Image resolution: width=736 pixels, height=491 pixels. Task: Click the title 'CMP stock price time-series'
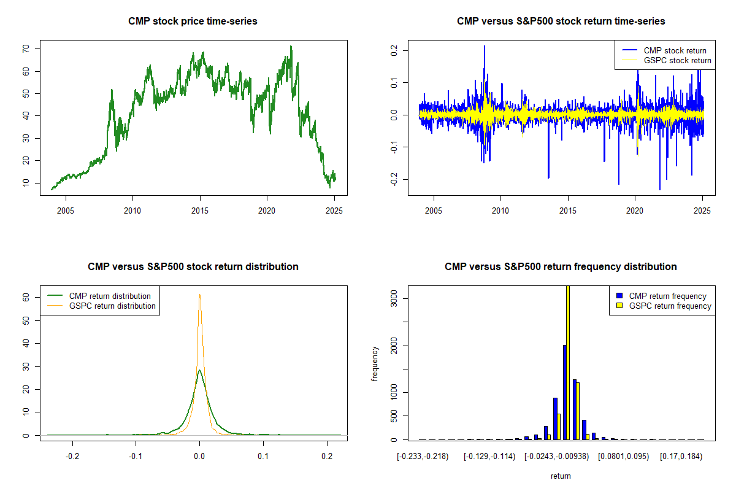pos(193,21)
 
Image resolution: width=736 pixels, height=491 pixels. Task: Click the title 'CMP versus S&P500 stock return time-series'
pos(561,21)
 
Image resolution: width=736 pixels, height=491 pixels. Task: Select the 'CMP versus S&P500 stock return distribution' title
pos(193,267)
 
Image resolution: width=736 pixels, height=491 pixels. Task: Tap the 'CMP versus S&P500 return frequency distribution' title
pos(561,267)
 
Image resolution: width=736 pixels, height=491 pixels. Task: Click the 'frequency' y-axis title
pos(375,363)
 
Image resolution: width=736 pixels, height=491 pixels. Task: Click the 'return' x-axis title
pos(561,476)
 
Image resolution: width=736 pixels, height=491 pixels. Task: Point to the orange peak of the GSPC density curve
pos(199,295)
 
